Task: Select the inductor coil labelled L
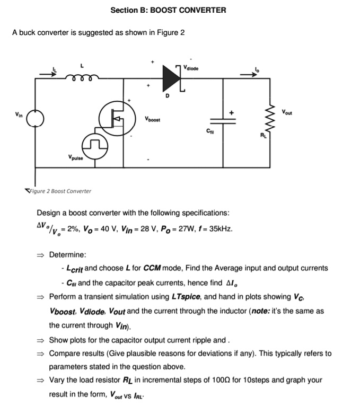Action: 82,77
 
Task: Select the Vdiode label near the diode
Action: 192,68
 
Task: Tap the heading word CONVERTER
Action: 198,10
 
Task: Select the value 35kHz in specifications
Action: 219,229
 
